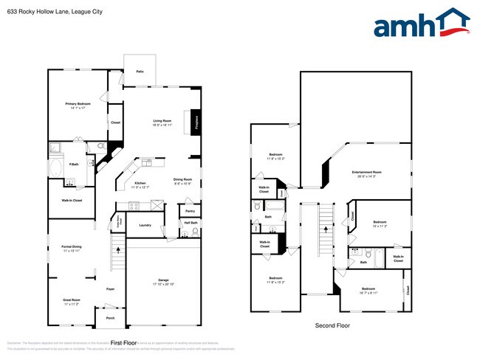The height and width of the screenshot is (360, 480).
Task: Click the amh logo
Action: tap(422, 24)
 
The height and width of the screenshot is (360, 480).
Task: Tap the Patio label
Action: tap(140, 72)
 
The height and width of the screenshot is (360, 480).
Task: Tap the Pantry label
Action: tap(190, 211)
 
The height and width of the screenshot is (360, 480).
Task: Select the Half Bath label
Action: tap(190, 223)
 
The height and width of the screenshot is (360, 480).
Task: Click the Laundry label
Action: tap(145, 225)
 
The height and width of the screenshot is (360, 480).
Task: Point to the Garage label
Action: tap(163, 280)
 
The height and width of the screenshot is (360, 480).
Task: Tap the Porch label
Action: tap(110, 319)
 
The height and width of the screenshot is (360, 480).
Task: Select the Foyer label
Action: tap(110, 288)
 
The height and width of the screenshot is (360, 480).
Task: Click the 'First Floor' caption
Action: tap(124, 342)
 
